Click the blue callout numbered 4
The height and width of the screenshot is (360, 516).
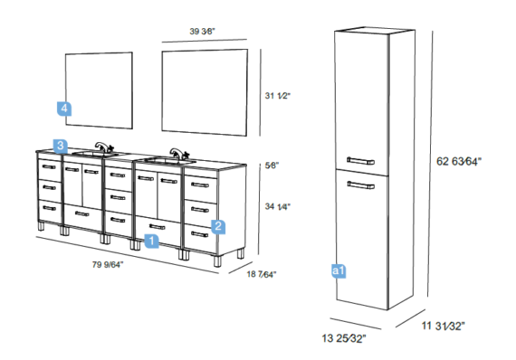click(x=64, y=109)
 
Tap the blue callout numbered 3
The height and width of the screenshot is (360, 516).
click(x=61, y=146)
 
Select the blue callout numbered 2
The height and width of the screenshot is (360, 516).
click(x=218, y=226)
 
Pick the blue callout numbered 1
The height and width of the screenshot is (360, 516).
click(x=151, y=241)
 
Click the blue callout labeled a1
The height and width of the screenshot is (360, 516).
click(x=339, y=270)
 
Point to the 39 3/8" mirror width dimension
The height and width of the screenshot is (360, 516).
click(x=203, y=32)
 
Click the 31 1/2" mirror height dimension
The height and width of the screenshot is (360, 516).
click(x=278, y=96)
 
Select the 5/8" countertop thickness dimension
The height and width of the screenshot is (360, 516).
click(x=272, y=166)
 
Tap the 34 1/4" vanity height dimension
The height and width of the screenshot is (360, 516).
click(x=278, y=206)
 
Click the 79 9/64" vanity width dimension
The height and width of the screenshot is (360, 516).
click(x=108, y=264)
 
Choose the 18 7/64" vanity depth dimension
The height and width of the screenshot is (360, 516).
click(x=262, y=274)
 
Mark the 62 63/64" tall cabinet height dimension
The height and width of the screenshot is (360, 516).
click(x=459, y=161)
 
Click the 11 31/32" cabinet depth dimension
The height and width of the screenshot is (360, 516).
click(x=444, y=327)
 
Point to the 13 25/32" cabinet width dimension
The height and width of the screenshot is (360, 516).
click(x=344, y=338)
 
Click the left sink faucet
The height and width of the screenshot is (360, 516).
click(x=104, y=147)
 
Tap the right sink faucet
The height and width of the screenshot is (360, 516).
click(x=179, y=154)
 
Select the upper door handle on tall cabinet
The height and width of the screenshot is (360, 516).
click(x=360, y=161)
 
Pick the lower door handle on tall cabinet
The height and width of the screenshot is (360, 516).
click(x=360, y=185)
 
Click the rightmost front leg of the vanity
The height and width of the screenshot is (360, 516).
click(x=217, y=261)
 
